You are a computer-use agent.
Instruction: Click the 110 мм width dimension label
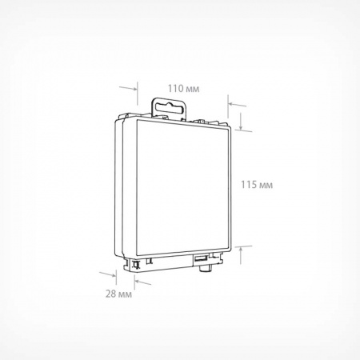[x=183, y=89]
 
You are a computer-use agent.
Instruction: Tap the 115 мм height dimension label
[x=257, y=185]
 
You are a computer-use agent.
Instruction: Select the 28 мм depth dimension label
[x=118, y=294]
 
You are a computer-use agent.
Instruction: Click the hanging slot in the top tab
[x=168, y=108]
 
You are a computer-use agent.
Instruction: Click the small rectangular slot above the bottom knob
[x=201, y=259]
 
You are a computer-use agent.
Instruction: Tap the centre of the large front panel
[x=183, y=186]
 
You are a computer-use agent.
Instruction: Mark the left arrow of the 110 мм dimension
[x=128, y=88]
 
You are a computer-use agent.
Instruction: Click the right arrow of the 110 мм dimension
[x=238, y=105]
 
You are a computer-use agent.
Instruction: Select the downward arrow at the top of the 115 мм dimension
[x=241, y=122]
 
